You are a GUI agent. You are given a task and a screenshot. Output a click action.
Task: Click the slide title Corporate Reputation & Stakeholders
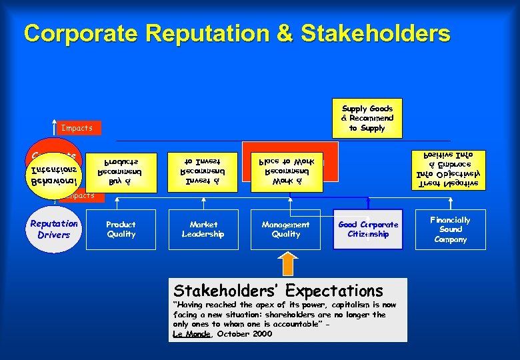[x=237, y=33]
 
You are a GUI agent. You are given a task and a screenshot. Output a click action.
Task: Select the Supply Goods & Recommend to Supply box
[x=367, y=118]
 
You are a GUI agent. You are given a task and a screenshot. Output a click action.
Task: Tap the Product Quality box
[x=121, y=229]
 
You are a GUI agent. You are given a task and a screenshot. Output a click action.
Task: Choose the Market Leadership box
[x=203, y=229]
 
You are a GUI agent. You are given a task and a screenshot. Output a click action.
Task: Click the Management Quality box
[x=285, y=229]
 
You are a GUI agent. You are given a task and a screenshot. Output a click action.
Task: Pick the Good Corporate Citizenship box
[x=368, y=229]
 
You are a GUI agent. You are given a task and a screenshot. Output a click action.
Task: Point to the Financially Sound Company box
[x=450, y=229]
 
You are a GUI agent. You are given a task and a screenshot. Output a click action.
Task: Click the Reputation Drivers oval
[x=54, y=229]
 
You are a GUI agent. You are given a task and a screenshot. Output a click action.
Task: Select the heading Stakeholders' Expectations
[x=278, y=291]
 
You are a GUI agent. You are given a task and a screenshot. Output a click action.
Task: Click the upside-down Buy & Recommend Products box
[x=121, y=173]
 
